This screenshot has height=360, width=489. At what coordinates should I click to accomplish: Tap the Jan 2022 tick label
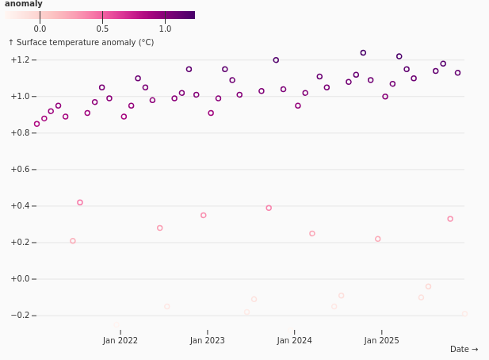(x=120, y=340)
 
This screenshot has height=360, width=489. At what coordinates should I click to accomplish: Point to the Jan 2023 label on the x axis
(x=208, y=340)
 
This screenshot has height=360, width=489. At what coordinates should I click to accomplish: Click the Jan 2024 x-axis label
(x=294, y=340)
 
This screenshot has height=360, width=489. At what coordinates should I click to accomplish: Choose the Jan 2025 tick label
(x=381, y=340)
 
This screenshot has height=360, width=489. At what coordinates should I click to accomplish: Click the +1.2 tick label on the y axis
(x=21, y=59)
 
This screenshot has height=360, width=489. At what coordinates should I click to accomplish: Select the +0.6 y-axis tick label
(x=21, y=170)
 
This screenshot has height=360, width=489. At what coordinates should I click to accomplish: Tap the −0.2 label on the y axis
(x=21, y=316)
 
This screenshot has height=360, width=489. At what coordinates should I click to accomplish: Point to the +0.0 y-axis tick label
(x=21, y=279)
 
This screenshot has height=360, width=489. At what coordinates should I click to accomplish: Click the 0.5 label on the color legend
(x=102, y=29)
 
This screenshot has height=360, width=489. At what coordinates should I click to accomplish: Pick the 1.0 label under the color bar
(x=165, y=29)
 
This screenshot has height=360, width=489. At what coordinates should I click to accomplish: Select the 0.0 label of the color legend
(x=40, y=29)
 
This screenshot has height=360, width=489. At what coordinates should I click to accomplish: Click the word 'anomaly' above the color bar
(x=24, y=4)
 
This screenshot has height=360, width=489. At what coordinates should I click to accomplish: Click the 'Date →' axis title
(x=464, y=349)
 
